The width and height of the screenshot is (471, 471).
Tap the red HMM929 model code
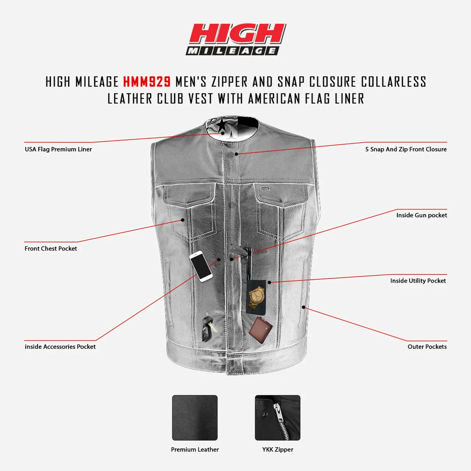(147, 82)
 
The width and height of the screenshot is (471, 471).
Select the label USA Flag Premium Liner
(58, 149)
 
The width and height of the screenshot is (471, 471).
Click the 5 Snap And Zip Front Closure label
(406, 149)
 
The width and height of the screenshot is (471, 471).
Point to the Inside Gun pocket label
(421, 215)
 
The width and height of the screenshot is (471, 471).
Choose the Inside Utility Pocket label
(418, 281)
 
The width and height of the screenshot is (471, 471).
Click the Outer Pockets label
(427, 347)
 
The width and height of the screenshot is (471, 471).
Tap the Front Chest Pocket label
(51, 248)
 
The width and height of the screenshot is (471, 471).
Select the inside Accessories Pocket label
(60, 347)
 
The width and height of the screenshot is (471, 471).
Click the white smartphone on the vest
(201, 266)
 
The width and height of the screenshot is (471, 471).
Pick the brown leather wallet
(261, 330)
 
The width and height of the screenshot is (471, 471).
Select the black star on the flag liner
(222, 125)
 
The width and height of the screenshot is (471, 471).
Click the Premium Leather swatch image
(195, 418)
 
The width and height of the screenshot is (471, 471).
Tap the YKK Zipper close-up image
(277, 418)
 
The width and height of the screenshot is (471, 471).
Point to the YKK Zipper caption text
(277, 449)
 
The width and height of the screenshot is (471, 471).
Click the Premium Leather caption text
(195, 449)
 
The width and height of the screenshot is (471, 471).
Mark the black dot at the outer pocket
(303, 307)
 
